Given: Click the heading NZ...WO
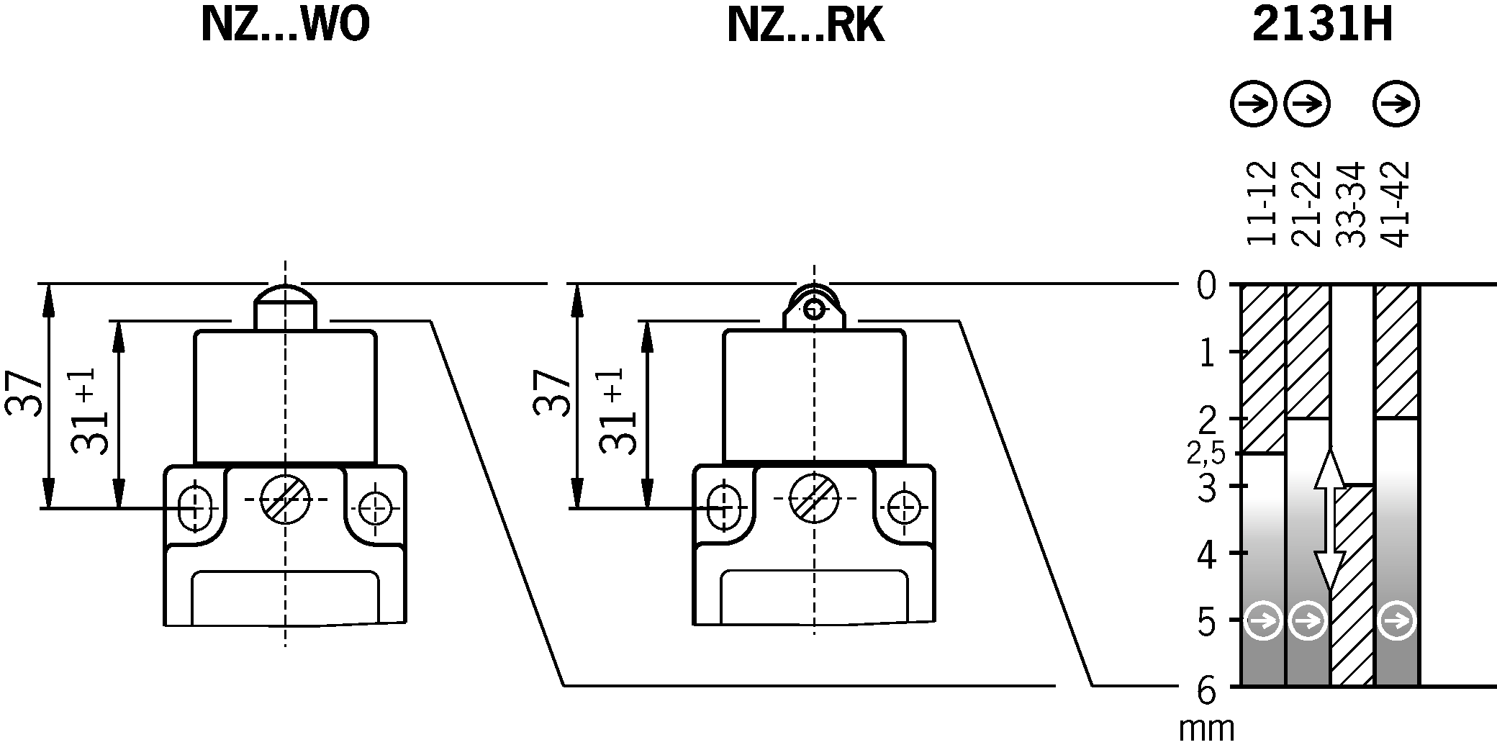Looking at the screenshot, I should pyautogui.click(x=285, y=26).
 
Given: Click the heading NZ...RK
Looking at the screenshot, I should pyautogui.click(x=805, y=26).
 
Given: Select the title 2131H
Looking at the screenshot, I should pyautogui.click(x=1323, y=26).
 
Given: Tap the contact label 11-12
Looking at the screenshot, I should pyautogui.click(x=1261, y=204).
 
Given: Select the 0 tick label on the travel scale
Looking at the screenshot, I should pyautogui.click(x=1206, y=286).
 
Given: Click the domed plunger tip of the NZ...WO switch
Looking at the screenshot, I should pyautogui.click(x=285, y=297).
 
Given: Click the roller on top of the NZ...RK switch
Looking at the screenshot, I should pyautogui.click(x=814, y=309).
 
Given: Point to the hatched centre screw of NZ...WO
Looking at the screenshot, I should pyautogui.click(x=285, y=499).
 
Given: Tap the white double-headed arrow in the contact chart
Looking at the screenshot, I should pyautogui.click(x=1330, y=519).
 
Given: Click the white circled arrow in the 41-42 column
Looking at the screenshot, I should pyautogui.click(x=1397, y=620).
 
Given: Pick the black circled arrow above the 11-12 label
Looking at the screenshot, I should pyautogui.click(x=1252, y=105).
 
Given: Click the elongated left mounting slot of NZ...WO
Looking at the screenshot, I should pyautogui.click(x=192, y=507).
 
